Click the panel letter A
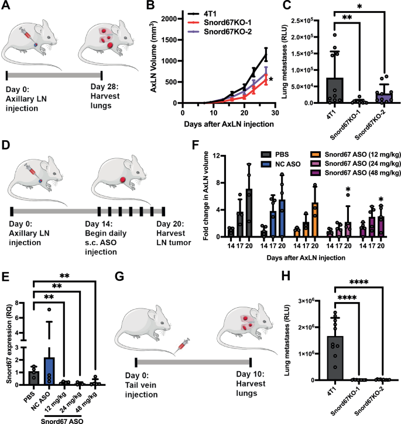click(8, 7)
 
